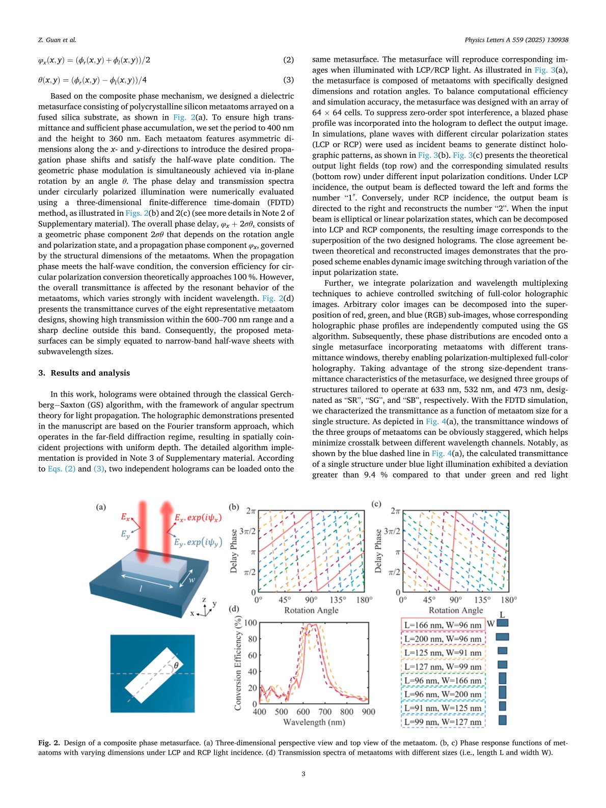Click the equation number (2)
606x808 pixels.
(288, 60)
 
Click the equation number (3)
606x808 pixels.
(288, 80)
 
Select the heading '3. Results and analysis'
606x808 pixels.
(84, 373)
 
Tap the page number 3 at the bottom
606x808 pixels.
(303, 774)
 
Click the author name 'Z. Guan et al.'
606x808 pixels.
(57, 40)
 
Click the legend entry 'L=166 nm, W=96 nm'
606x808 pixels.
(443, 625)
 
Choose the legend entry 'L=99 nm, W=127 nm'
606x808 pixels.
(443, 722)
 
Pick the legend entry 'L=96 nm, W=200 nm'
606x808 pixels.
(443, 694)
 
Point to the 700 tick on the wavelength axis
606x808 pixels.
(325, 712)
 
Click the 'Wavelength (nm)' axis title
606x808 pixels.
(314, 722)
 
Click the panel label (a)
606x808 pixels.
(101, 507)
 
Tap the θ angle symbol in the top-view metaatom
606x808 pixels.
(176, 665)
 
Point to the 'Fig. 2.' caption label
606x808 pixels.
(49, 743)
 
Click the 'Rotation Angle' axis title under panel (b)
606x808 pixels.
(311, 610)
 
